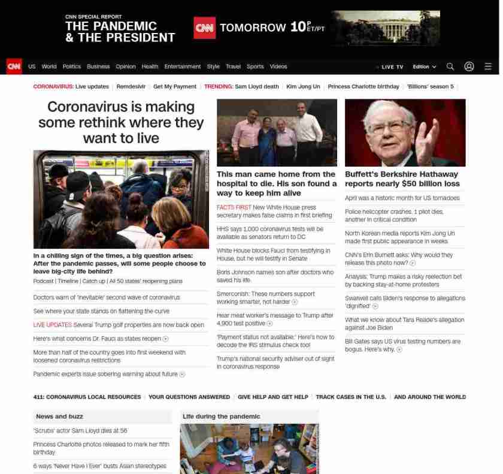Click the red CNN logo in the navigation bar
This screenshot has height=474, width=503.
tap(14, 67)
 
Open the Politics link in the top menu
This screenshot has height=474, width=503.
tap(71, 67)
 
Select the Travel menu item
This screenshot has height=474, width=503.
tap(233, 67)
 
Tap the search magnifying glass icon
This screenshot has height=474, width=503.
tap(450, 67)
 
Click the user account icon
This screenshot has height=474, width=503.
tap(469, 67)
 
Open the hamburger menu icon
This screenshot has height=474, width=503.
tap(488, 67)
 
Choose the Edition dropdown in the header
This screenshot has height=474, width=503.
tap(424, 67)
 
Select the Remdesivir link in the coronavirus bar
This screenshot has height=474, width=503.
tap(131, 86)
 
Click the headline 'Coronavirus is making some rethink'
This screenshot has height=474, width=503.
tap(121, 122)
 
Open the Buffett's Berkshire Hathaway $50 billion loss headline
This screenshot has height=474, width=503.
tap(402, 179)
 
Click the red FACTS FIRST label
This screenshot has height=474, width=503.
tap(234, 207)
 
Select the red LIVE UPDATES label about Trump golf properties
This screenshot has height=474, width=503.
tap(52, 325)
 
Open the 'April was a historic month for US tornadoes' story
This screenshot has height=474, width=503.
tap(402, 198)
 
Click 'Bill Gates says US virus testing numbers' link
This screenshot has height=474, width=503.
tap(402, 342)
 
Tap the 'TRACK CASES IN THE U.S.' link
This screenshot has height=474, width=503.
tap(351, 397)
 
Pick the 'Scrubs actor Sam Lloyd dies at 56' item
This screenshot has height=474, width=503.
tap(80, 430)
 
